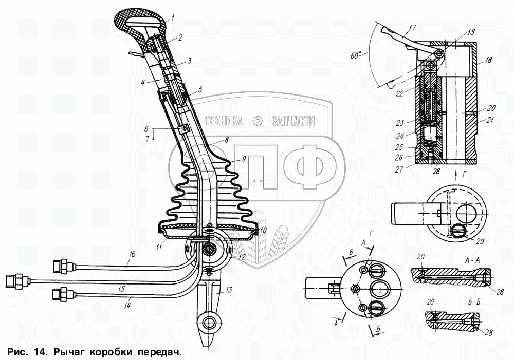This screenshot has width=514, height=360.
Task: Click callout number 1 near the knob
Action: click(x=172, y=16)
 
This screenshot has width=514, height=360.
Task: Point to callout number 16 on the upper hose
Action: click(x=132, y=254)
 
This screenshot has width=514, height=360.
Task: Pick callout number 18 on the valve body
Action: click(x=488, y=60)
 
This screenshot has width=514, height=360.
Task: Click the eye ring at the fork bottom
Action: click(x=209, y=324)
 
